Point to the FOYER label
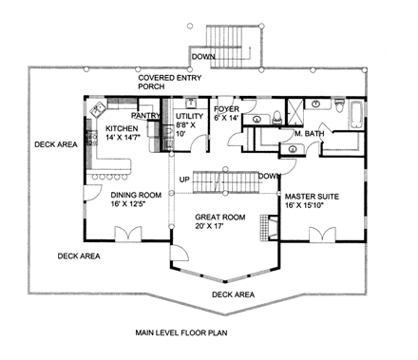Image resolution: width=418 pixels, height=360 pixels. pos(225,107)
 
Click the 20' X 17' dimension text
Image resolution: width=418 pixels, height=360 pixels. pos(218,227)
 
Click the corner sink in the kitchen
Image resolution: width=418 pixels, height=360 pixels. pos(96,110)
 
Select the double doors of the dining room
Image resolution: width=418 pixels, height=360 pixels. pos(124,234)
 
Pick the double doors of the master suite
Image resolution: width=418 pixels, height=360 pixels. pos(324,234)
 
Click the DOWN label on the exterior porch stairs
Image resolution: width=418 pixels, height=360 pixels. pos(202,56)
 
